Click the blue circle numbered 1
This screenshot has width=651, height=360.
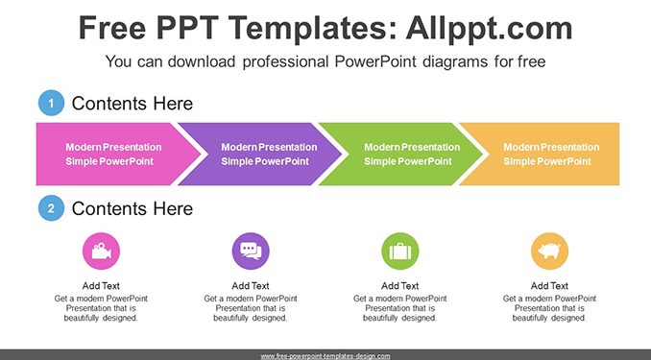51,103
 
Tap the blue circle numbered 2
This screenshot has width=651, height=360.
51,208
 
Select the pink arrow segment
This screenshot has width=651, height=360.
112,154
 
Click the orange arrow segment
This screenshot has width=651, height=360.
543,154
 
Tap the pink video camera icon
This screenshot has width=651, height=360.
102,252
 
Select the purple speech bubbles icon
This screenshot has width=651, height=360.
251,252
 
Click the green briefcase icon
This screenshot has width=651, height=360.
400,252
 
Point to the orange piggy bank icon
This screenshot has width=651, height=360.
549,252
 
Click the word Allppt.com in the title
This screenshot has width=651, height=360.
489,29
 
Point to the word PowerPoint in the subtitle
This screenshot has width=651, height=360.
375,61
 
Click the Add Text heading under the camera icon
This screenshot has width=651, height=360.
101,286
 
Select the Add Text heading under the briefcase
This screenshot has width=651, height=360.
399,286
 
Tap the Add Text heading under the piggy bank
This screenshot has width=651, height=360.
549,286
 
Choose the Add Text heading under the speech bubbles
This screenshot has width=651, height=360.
251,286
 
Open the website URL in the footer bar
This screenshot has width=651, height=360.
325,356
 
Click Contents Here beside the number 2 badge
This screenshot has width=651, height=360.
133,208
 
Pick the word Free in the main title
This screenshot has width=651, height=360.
112,28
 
